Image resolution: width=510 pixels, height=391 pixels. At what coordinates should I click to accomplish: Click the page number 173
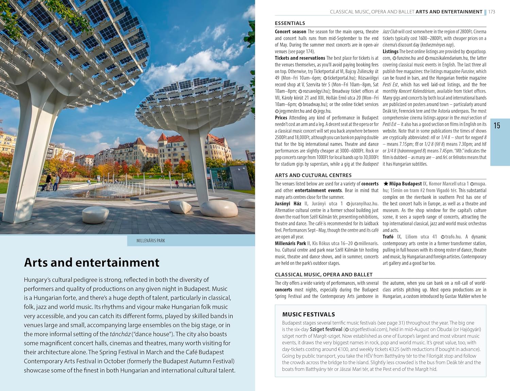[492, 12]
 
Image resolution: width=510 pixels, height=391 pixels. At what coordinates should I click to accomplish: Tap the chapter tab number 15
[497, 126]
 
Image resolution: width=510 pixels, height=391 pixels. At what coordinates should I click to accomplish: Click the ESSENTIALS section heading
[290, 23]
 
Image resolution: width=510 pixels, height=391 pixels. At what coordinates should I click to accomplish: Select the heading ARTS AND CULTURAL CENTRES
[313, 175]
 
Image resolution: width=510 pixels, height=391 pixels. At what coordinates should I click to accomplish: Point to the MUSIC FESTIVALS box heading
[308, 315]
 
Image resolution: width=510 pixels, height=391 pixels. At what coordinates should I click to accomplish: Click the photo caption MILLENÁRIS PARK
[151, 241]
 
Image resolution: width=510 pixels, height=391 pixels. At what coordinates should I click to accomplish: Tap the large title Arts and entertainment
[91, 263]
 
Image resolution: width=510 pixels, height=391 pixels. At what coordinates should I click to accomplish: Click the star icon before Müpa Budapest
[386, 184]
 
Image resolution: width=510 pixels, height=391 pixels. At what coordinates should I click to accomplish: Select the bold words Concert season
[290, 32]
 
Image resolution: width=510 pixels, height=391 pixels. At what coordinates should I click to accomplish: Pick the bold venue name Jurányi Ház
[288, 203]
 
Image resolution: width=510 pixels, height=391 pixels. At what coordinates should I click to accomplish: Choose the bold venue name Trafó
[388, 237]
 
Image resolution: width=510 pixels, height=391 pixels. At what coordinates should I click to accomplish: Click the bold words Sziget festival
[326, 329]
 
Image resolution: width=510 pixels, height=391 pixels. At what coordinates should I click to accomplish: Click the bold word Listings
[390, 52]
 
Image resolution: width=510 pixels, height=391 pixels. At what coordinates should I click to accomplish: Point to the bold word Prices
[281, 118]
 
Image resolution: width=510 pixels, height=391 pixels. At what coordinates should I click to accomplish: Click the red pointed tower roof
[163, 137]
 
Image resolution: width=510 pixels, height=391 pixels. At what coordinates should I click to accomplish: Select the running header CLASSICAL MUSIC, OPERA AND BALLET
[372, 12]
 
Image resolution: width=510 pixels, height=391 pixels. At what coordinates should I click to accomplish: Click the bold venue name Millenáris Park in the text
[290, 243]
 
